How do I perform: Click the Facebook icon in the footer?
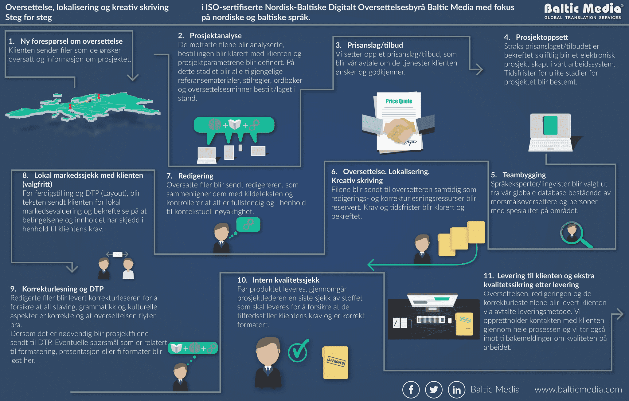tap(411, 390)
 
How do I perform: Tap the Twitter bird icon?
tap(434, 390)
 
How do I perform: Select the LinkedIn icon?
tap(457, 390)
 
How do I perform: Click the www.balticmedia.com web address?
tap(578, 389)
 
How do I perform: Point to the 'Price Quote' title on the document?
tap(399, 101)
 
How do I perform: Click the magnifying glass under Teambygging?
tap(575, 234)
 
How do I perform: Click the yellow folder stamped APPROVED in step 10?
tap(335, 363)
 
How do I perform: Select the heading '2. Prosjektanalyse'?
tap(210, 36)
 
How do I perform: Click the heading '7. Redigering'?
tap(190, 176)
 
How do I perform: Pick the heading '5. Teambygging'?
tap(518, 175)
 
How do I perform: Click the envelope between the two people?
tap(117, 254)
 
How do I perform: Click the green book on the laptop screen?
tap(550, 125)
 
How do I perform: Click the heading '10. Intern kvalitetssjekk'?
tap(278, 280)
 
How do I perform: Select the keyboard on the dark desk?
tap(431, 320)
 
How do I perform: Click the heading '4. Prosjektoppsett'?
tap(536, 37)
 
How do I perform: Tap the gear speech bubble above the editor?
tap(248, 225)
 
